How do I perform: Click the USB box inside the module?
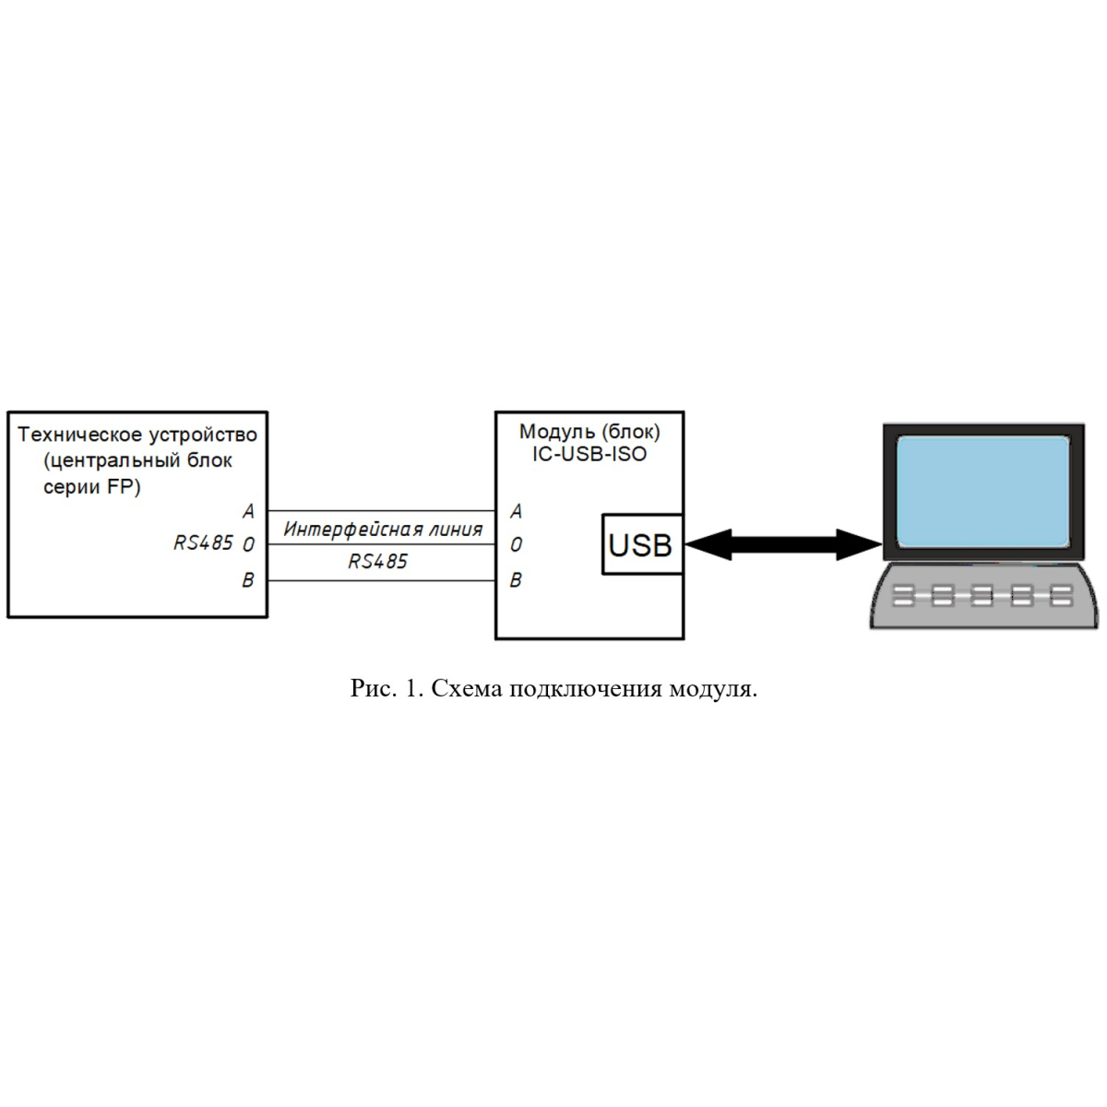(x=642, y=544)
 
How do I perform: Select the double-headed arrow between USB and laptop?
(x=783, y=544)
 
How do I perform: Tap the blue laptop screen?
(x=982, y=491)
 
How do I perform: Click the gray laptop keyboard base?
(x=983, y=595)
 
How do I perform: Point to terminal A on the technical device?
(x=248, y=511)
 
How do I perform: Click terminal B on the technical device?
(x=248, y=580)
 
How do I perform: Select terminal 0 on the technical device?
(x=248, y=544)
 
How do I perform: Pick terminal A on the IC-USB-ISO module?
(x=516, y=511)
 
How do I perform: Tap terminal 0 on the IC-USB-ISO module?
(x=516, y=544)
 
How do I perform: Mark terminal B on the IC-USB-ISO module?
(x=516, y=580)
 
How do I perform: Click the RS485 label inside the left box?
(x=203, y=542)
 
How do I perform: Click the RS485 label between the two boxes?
(x=377, y=561)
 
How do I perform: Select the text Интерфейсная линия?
(x=383, y=530)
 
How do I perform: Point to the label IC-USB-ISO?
(x=589, y=454)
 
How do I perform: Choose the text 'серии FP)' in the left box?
(x=92, y=487)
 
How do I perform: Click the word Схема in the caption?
(x=467, y=688)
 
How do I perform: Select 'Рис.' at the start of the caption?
(x=374, y=688)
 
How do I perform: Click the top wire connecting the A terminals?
(x=381, y=511)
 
